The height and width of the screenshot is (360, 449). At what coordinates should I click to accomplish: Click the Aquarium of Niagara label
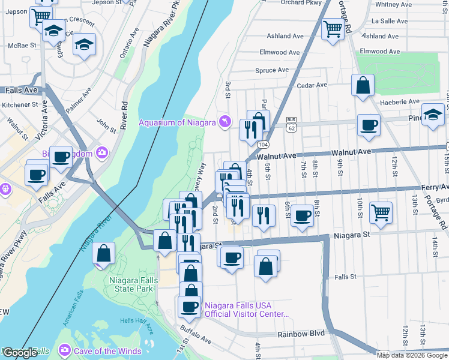[177, 123]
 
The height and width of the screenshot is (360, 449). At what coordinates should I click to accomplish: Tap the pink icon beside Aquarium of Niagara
[225, 122]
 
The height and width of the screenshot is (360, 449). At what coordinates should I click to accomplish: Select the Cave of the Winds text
[108, 351]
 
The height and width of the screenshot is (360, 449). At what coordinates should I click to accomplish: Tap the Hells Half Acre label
[136, 321]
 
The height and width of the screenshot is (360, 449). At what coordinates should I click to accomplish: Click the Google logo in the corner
[20, 353]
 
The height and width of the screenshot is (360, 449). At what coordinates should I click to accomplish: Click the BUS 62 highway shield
[292, 124]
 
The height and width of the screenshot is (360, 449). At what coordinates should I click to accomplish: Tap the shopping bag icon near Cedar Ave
[363, 85]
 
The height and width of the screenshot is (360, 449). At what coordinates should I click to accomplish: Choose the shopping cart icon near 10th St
[381, 212]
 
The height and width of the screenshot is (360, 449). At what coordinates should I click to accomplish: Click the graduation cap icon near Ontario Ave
[85, 44]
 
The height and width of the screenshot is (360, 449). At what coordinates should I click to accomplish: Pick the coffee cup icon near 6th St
[303, 215]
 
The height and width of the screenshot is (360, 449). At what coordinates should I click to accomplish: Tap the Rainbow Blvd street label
[300, 334]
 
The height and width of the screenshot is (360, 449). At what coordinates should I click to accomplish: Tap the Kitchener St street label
[20, 104]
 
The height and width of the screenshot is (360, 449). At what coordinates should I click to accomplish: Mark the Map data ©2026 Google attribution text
[412, 355]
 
